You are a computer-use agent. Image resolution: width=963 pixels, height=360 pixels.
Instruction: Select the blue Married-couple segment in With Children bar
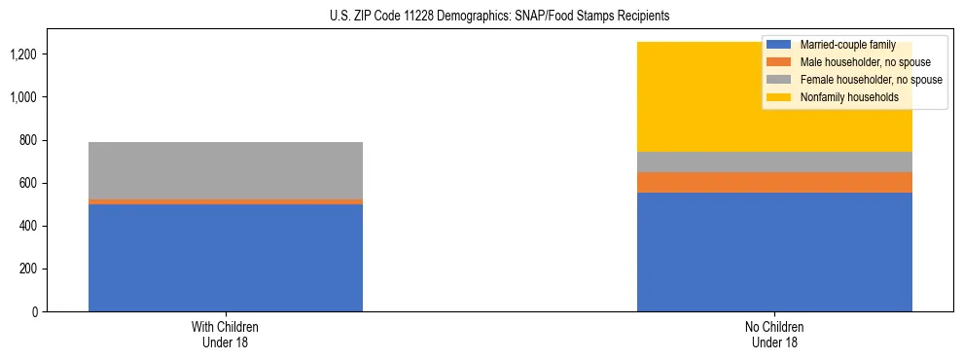pos(226,258)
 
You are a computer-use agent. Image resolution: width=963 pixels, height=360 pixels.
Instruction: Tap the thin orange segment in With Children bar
pos(226,201)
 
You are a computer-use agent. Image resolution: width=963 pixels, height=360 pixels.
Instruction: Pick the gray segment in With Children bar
pos(226,170)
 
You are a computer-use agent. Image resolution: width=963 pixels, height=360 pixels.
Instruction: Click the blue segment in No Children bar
pos(774,252)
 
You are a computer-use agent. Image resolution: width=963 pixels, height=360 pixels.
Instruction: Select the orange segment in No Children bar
pos(774,182)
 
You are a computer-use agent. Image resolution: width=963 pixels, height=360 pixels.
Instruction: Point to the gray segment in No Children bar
pos(774,162)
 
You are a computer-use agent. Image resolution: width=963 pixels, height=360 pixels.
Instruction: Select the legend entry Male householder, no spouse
pos(857,62)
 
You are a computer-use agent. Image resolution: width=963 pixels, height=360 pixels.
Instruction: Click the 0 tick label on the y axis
pos(35,312)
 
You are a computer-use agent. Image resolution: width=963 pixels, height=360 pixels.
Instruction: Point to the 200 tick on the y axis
pos(29,270)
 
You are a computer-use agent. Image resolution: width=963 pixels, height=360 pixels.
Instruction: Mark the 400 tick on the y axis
pos(29,227)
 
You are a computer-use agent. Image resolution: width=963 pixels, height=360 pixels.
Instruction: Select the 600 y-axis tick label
pos(29,184)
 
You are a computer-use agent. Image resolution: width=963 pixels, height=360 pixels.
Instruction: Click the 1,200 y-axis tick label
pos(25,54)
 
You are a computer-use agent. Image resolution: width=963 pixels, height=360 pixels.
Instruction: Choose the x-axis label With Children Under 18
pos(226,335)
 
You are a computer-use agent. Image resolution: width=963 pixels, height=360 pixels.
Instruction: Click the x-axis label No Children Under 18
pos(774,335)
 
